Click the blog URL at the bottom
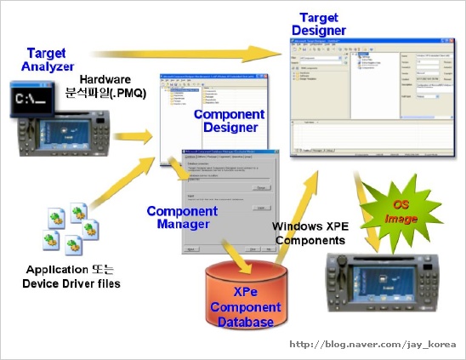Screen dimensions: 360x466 tap(373, 345)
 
